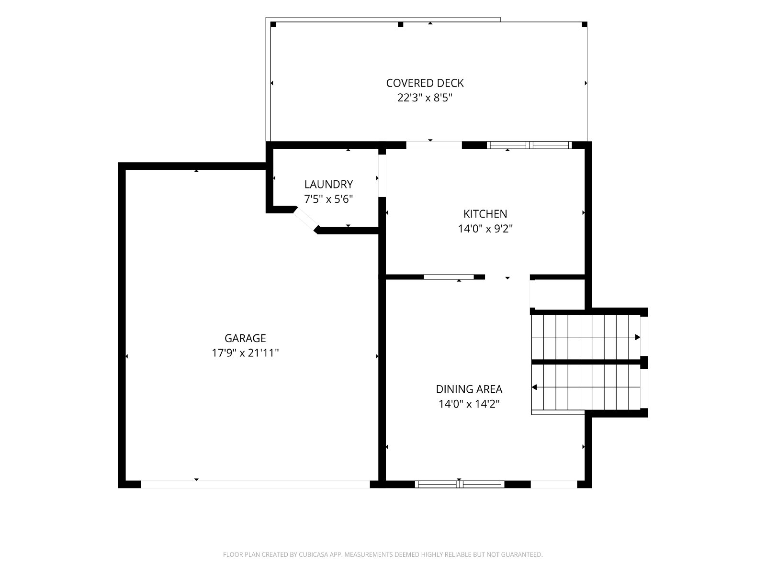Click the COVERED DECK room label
[x=425, y=83]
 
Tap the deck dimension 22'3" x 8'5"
[x=425, y=98]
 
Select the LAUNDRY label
[x=328, y=184]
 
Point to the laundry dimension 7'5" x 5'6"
[x=328, y=199]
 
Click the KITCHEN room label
[x=485, y=214]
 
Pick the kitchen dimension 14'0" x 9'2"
[x=485, y=229]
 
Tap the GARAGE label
[x=245, y=338]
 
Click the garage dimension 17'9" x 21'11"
[x=245, y=353]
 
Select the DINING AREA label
[x=469, y=389]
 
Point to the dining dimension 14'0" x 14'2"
[x=469, y=404]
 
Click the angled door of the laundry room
[x=306, y=220]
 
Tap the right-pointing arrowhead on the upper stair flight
[x=638, y=337]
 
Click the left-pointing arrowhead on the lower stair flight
[x=534, y=387]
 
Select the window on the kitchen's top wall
[x=529, y=145]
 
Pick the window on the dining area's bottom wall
[x=460, y=484]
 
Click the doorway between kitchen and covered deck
[x=434, y=145]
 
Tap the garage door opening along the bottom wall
[x=255, y=484]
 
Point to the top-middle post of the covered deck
[x=401, y=24]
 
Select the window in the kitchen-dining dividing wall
[x=449, y=277]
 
